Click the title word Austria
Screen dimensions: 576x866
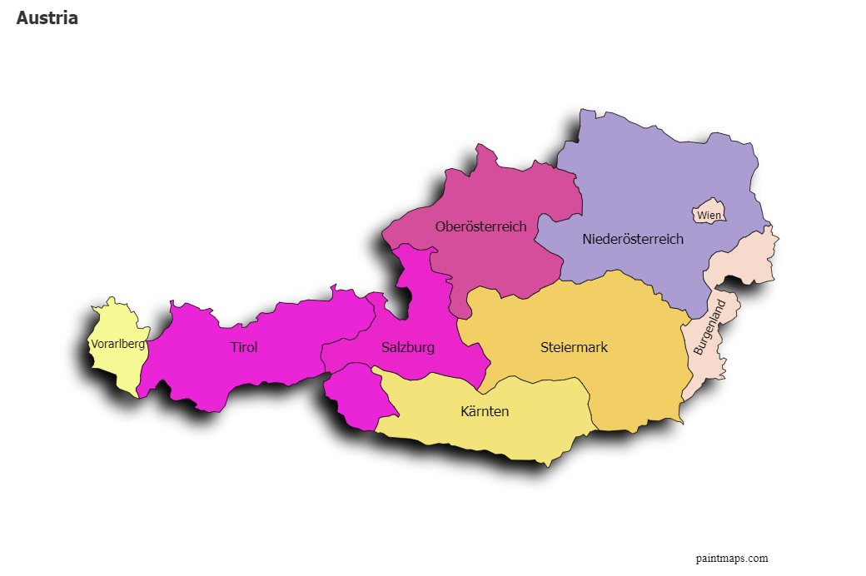click(x=47, y=18)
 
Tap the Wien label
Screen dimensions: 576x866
click(x=709, y=216)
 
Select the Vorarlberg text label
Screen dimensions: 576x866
click(x=117, y=344)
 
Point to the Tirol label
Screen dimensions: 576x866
click(x=244, y=348)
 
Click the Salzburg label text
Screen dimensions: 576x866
click(x=408, y=348)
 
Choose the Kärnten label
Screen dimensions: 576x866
click(x=485, y=412)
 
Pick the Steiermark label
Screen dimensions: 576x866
click(x=574, y=348)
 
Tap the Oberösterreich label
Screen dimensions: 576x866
click(x=480, y=226)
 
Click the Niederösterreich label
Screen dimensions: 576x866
click(x=633, y=240)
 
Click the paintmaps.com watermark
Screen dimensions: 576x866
click(x=732, y=559)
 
